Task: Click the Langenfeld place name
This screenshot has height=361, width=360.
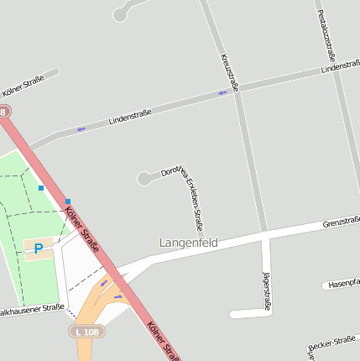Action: (x=189, y=243)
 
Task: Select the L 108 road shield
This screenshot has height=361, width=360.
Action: (x=86, y=332)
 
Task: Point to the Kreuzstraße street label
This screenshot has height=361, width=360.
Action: (x=229, y=72)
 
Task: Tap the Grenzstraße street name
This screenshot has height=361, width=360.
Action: (x=341, y=222)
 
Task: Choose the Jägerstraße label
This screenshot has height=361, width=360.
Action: (x=266, y=294)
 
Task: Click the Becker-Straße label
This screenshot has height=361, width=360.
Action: (x=332, y=343)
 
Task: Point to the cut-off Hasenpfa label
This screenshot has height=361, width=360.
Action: (x=343, y=284)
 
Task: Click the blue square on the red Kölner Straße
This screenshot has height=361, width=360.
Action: (x=68, y=201)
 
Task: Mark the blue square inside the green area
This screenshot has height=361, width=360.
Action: (x=40, y=189)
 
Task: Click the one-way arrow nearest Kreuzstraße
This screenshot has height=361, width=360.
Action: (x=222, y=92)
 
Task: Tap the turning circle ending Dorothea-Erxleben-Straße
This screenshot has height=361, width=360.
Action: (x=144, y=178)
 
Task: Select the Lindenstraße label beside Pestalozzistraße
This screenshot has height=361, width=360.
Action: (x=340, y=66)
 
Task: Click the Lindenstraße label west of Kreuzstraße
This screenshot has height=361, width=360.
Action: (x=130, y=118)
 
